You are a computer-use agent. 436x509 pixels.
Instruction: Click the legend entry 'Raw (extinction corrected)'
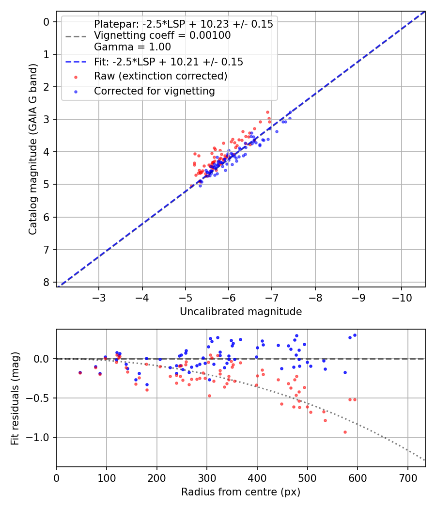[x=160, y=76]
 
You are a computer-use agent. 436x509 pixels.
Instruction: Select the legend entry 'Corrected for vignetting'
[x=155, y=91]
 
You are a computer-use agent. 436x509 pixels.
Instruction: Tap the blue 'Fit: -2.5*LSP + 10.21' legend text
[x=168, y=62]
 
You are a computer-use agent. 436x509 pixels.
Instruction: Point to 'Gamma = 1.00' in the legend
[x=132, y=47]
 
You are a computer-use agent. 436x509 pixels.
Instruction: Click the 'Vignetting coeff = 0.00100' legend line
[x=162, y=35]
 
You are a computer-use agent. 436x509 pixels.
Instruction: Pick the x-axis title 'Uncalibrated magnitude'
[x=241, y=312]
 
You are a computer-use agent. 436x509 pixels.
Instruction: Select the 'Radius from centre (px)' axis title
[x=241, y=492]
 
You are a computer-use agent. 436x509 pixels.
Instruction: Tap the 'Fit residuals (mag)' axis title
[x=16, y=398]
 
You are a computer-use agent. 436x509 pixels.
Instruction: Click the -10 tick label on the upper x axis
[x=402, y=297]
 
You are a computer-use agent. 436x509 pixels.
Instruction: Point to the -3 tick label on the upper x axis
[x=99, y=297]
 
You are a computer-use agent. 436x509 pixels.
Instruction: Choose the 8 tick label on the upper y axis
[x=47, y=283]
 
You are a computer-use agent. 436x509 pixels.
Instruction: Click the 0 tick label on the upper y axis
[x=47, y=22]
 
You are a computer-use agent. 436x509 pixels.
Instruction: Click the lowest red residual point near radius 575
[x=345, y=432]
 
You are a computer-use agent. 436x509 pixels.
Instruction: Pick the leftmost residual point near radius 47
[x=80, y=373]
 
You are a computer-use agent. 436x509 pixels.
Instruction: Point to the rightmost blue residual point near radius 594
[x=355, y=335]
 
